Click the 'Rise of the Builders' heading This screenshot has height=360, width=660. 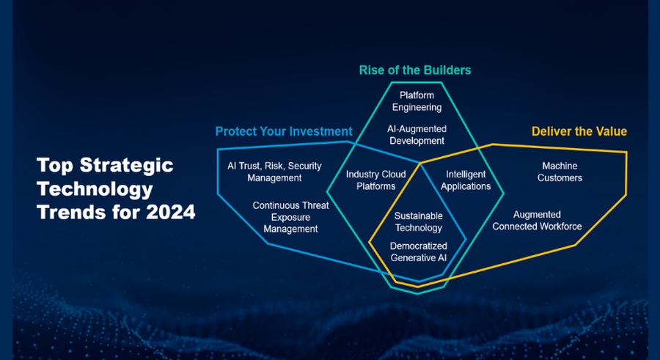(415, 70)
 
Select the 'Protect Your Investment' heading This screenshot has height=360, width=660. (284, 131)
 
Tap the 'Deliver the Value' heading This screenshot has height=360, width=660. (579, 131)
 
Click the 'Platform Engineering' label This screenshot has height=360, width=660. (417, 101)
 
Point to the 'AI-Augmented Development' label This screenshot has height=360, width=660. (417, 135)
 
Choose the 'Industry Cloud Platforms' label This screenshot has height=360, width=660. (376, 180)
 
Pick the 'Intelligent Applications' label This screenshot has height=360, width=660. (466, 180)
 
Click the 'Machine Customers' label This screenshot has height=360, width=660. (560, 172)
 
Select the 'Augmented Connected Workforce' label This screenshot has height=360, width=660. (537, 221)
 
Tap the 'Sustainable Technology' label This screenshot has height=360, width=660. (419, 222)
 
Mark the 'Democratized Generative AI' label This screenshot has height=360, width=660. (419, 251)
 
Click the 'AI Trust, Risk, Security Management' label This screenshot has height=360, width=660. (274, 172)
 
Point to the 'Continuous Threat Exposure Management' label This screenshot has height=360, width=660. (291, 217)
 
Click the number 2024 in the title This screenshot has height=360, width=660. (170, 212)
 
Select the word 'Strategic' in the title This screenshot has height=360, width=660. (126, 166)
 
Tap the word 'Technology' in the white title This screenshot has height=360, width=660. (95, 189)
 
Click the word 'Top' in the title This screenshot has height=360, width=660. (56, 166)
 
